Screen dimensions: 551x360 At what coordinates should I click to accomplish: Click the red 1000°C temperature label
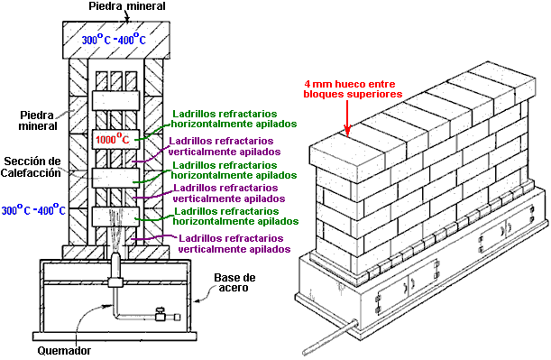tap(113, 139)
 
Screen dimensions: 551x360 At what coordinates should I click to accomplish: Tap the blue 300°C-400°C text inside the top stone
tap(114, 39)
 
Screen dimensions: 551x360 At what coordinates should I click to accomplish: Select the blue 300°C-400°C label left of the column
tap(33, 210)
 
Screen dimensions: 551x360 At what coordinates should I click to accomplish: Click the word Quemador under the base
tap(64, 350)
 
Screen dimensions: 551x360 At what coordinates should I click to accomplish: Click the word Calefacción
tap(31, 172)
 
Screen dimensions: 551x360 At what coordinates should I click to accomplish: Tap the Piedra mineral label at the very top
tap(127, 6)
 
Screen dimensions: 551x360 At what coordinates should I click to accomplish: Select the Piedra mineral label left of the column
tap(38, 120)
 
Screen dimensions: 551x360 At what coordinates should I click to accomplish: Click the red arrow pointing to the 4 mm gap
tap(347, 118)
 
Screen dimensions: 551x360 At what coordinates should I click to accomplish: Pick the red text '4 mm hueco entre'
tap(350, 84)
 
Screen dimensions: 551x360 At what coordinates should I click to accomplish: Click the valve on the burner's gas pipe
tap(161, 315)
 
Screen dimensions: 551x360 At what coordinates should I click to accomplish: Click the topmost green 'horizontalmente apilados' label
tap(234, 125)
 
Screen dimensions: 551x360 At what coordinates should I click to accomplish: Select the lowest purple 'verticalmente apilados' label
tap(234, 249)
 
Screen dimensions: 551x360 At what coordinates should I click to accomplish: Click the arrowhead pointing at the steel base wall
tap(197, 300)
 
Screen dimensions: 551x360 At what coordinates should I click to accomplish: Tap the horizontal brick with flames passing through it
tap(115, 217)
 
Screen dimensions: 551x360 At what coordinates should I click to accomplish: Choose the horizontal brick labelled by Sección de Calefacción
tap(115, 178)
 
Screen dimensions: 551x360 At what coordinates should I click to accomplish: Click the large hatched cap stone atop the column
tap(116, 40)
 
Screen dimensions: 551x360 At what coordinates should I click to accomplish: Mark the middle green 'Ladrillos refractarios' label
tap(225, 165)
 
